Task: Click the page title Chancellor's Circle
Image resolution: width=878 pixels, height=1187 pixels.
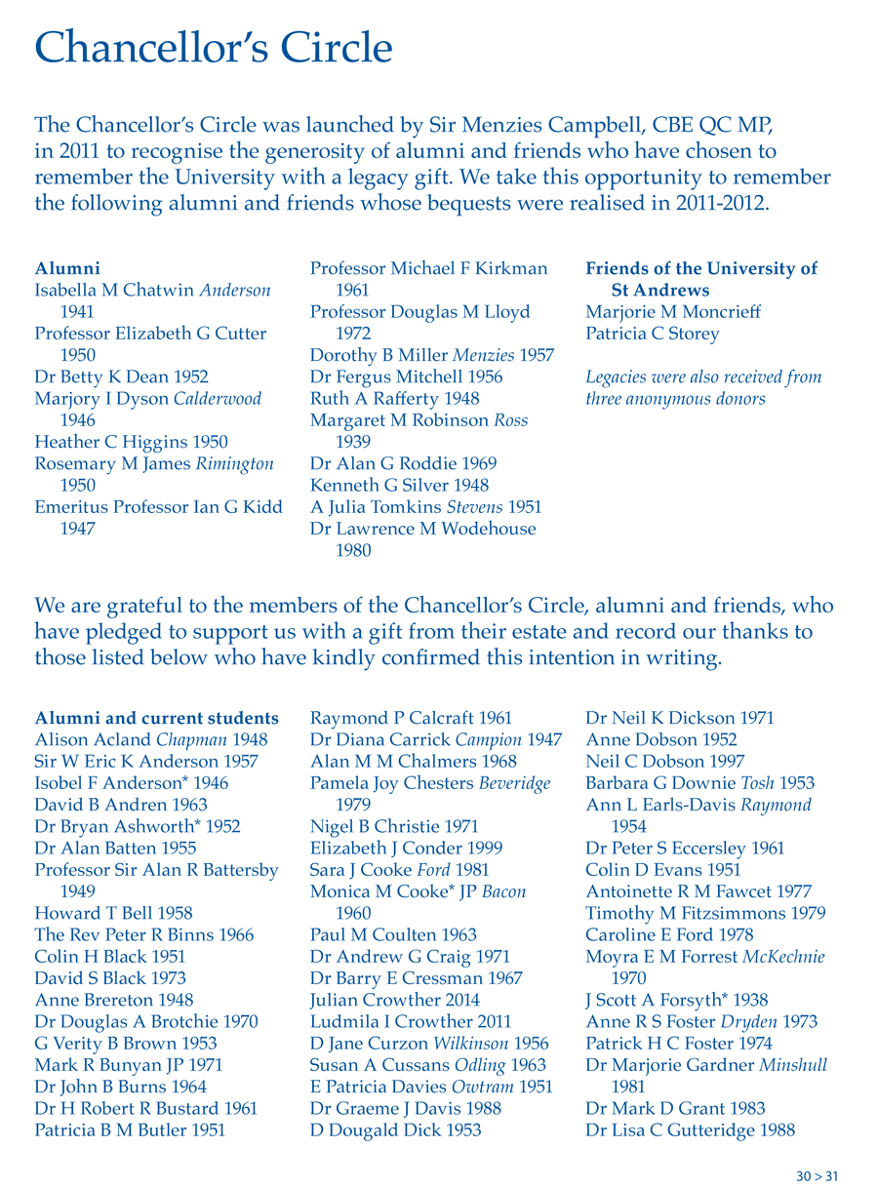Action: tap(213, 47)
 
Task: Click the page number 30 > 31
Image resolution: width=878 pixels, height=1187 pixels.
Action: tap(817, 1176)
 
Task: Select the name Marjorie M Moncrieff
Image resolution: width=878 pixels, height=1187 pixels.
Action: tap(672, 312)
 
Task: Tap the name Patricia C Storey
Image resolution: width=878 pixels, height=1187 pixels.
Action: tap(652, 334)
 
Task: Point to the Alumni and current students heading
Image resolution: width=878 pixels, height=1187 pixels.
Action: tap(156, 718)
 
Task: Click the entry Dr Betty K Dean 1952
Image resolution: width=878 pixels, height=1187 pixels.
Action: tap(121, 376)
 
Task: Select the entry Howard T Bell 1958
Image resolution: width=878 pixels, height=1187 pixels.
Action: tap(113, 913)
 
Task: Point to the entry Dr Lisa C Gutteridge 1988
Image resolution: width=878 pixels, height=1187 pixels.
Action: tap(690, 1130)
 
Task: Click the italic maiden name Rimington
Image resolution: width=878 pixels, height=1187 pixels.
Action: tap(234, 463)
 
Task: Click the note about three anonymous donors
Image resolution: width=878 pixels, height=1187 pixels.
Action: tap(702, 387)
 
